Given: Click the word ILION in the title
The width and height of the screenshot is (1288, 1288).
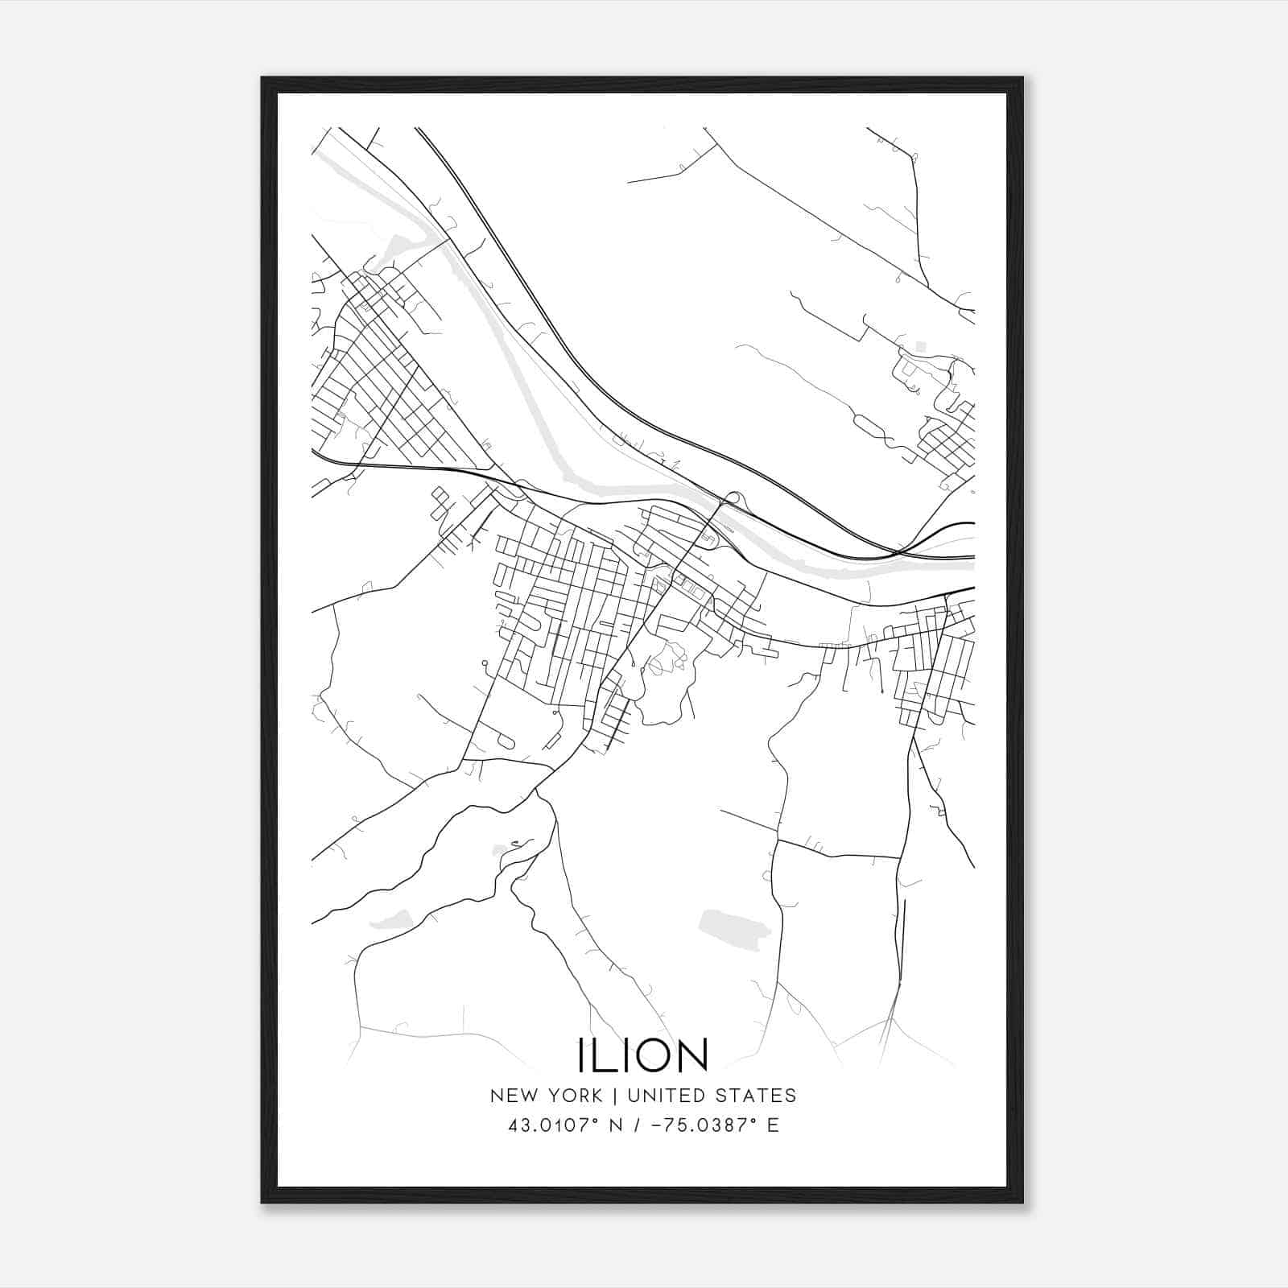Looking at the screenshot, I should tap(642, 1055).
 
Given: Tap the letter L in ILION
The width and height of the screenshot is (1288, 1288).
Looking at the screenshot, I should tap(605, 1055).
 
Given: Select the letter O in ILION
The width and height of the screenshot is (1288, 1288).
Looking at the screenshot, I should tap(654, 1055).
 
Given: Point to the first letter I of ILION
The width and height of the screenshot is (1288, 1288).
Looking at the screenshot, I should tap(581, 1055).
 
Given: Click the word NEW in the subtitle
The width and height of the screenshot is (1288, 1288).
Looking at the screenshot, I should tap(514, 1096).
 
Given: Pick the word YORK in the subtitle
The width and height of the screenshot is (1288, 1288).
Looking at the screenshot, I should tap(576, 1096).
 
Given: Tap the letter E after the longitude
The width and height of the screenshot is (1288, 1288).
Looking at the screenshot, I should tap(774, 1125).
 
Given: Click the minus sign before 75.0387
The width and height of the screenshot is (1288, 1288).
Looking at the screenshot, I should tap(657, 1125).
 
